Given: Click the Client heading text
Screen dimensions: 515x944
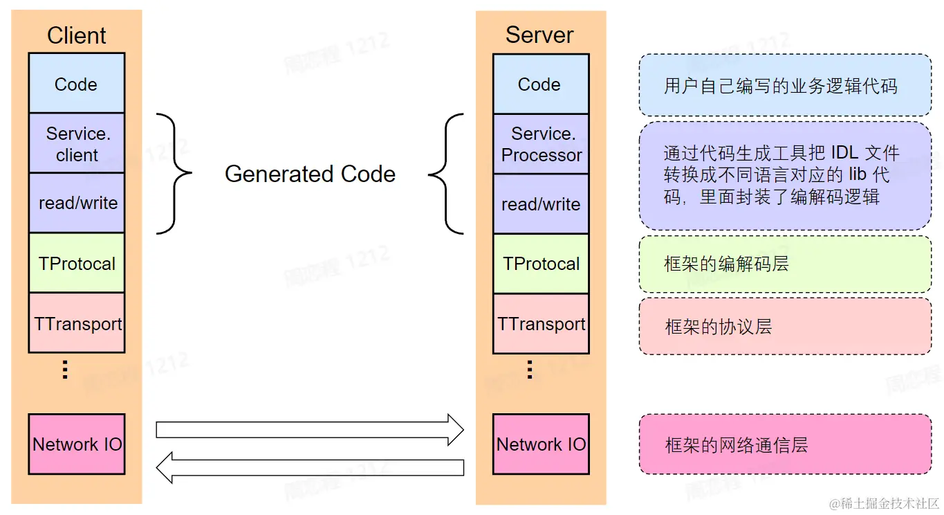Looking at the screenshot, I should (x=76, y=35).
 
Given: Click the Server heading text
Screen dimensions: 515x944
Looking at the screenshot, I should (x=539, y=35).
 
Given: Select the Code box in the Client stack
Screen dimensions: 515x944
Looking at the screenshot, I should (x=76, y=84).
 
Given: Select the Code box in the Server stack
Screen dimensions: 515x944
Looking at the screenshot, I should (x=540, y=84).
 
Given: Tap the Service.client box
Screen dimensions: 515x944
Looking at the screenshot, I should (x=76, y=144).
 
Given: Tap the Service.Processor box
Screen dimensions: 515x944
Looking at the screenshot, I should (x=541, y=144).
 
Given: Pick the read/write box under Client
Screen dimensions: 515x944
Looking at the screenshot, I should (x=77, y=203).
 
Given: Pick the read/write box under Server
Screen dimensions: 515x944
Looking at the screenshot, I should (x=541, y=204).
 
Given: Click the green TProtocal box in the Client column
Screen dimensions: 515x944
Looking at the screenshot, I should (x=77, y=263).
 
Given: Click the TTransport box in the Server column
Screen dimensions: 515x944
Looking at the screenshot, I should (x=541, y=324).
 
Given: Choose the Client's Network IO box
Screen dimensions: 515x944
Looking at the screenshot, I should (x=77, y=444).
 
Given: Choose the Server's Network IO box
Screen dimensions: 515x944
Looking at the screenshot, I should (x=541, y=444).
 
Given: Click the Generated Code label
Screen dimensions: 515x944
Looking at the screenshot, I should (x=310, y=174).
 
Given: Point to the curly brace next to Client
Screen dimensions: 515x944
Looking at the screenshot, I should (x=175, y=174).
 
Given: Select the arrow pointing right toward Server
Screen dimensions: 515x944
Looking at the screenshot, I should (x=309, y=430).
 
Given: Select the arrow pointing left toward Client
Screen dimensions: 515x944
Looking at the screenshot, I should (x=309, y=468).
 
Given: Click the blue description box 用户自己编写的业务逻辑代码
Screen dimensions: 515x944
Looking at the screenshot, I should (x=784, y=86).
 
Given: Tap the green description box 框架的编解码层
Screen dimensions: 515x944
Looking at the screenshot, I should (x=784, y=264).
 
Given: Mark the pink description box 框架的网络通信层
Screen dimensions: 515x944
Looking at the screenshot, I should (x=784, y=444).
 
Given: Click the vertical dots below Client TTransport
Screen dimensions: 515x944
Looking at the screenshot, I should (x=66, y=370).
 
